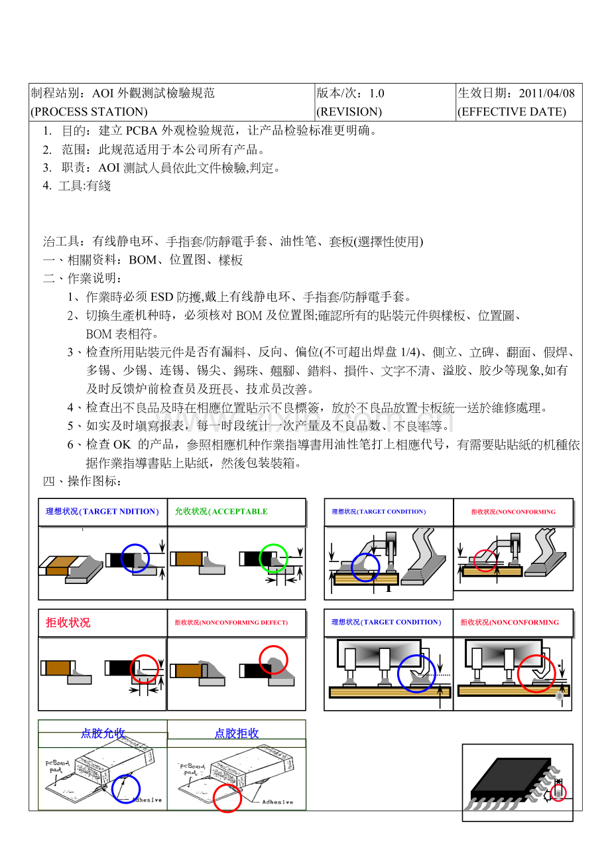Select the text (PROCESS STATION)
tap(89, 111)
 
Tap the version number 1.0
tap(377, 94)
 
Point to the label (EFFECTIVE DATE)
tap(511, 111)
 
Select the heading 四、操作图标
tap(82, 481)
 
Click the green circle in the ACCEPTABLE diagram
tap(273, 558)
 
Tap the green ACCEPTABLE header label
tap(221, 512)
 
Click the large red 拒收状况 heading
tap(68, 622)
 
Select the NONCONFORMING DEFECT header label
tap(231, 622)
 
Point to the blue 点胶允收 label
tap(103, 733)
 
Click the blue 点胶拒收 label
tap(236, 733)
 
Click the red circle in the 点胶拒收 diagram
tap(227, 798)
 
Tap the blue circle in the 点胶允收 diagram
tap(126, 788)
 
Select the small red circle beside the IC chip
tap(559, 793)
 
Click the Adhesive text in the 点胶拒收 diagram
tap(277, 802)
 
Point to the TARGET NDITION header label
tap(102, 512)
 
